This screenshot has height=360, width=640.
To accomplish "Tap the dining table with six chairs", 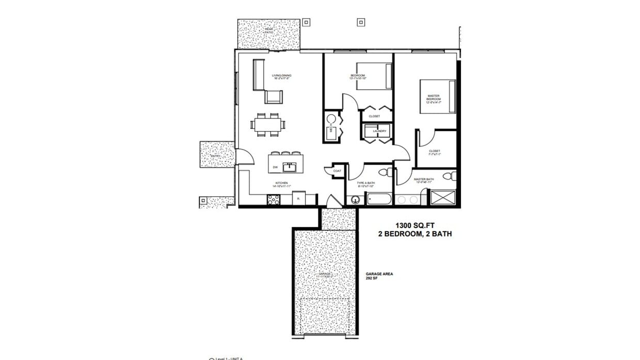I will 267,124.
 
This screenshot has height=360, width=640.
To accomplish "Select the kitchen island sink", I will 290,167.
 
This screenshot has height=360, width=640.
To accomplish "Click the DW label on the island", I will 275,167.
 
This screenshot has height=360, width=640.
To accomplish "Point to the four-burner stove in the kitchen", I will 274,200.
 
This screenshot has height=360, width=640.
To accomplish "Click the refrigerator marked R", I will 298,199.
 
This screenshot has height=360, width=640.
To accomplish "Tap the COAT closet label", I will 337,171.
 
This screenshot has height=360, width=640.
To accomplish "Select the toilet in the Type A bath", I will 383,172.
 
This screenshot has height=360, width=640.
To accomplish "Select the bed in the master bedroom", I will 438,96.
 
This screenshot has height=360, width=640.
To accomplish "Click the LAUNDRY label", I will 379,131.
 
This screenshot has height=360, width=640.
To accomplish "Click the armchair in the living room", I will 274,96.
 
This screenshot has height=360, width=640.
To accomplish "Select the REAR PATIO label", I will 269,30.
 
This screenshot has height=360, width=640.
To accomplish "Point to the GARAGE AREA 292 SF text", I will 379,276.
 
